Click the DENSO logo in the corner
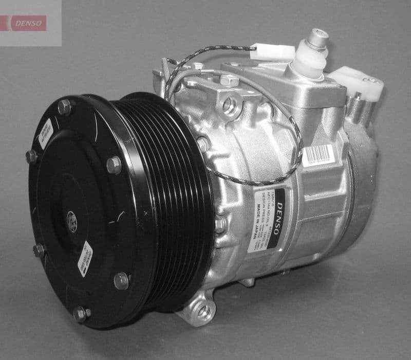[x=28, y=23]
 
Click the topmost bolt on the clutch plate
[x=65, y=107]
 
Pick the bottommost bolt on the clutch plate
[x=80, y=313]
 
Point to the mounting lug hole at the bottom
[x=204, y=311]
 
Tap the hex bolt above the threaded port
[x=229, y=80]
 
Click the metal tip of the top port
[x=317, y=37]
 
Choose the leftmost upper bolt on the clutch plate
[x=31, y=156]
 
